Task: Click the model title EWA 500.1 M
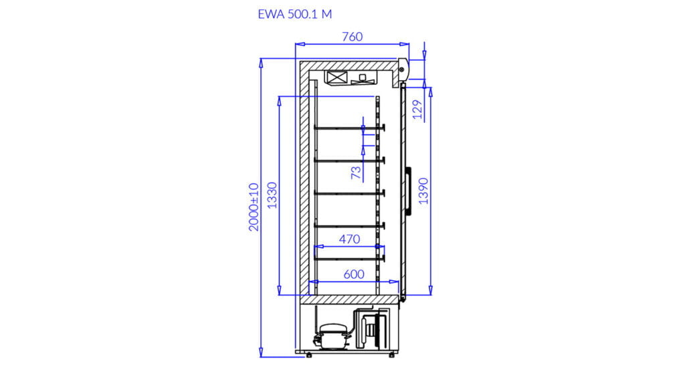click(295, 15)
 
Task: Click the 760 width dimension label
click(352, 37)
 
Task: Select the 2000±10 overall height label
click(254, 207)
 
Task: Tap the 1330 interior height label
click(272, 195)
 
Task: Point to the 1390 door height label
click(423, 191)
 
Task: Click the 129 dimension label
click(418, 110)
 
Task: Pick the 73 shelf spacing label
click(357, 172)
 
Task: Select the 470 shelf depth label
click(349, 239)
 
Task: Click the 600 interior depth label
click(354, 274)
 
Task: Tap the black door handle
click(409, 191)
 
